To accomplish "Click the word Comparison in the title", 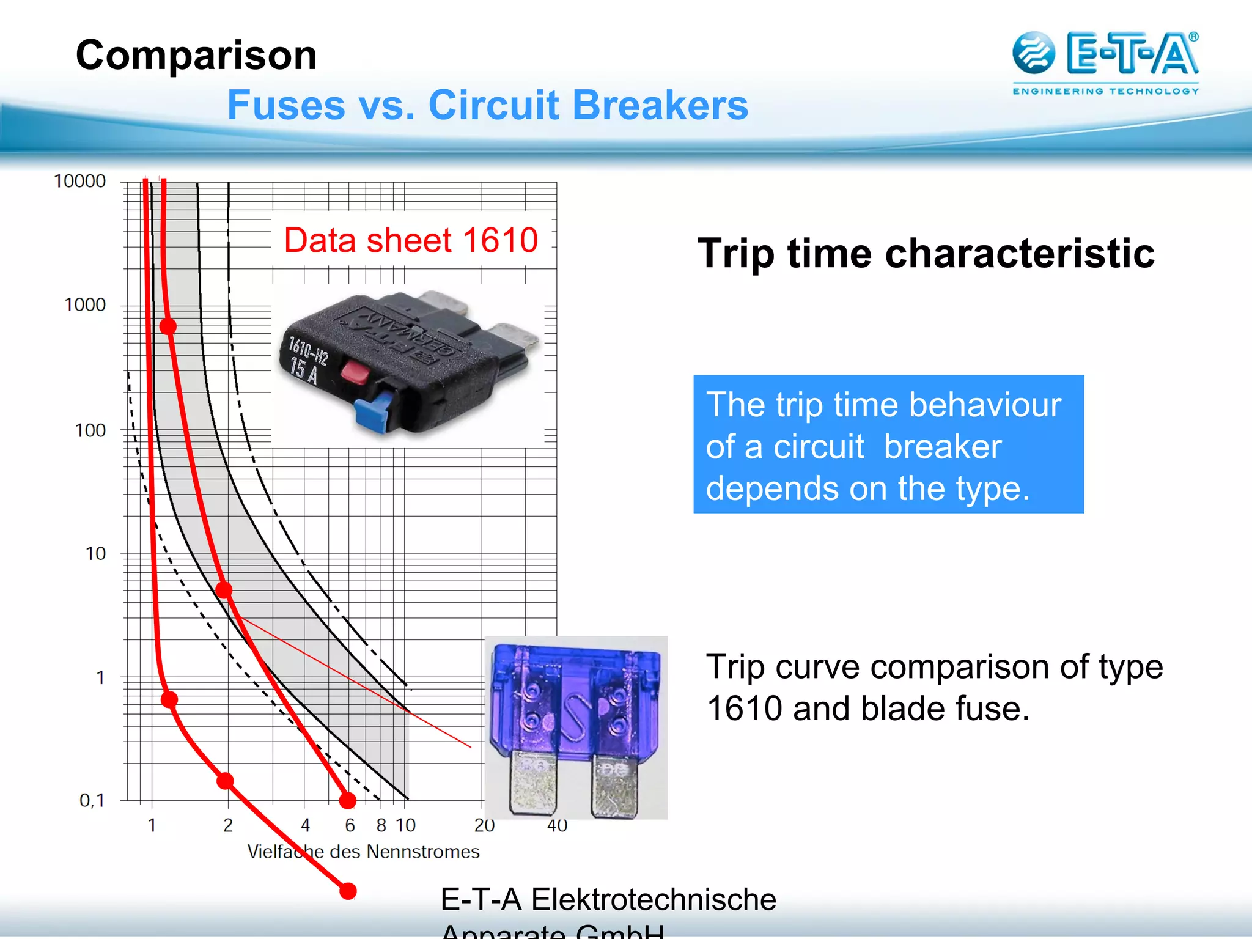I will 196,55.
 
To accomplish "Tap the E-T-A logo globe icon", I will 1033,53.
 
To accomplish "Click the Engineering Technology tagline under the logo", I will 1105,91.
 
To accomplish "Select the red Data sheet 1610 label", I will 411,240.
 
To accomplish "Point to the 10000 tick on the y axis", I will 79,181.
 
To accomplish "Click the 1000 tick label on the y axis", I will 85,304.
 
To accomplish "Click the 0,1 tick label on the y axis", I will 92,800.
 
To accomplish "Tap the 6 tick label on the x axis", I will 350,825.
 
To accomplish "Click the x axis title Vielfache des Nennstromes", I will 363,852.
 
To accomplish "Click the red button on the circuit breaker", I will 355,371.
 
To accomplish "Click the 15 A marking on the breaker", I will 304,370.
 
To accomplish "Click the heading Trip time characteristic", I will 926,253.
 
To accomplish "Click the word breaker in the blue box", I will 942,446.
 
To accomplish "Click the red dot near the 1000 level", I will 168,326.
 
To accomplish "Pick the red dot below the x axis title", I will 348,891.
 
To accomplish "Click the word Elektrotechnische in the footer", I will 653,900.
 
